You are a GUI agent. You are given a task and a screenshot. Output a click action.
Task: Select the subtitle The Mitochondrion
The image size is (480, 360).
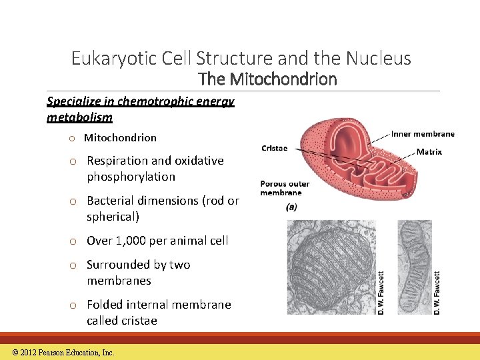click(x=268, y=79)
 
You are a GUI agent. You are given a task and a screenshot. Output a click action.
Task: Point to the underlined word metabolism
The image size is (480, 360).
click(x=79, y=117)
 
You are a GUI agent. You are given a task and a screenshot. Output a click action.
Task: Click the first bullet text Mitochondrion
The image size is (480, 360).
click(x=120, y=138)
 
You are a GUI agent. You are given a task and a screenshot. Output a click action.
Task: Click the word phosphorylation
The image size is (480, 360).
click(x=131, y=177)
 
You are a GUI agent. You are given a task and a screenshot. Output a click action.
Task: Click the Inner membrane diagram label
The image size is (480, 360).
click(x=423, y=134)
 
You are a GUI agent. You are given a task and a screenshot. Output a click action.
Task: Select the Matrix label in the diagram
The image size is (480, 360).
click(x=429, y=152)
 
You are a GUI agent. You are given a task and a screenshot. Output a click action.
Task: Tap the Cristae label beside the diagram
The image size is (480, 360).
click(x=274, y=148)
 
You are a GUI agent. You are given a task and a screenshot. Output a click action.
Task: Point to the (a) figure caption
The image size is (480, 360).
click(x=291, y=207)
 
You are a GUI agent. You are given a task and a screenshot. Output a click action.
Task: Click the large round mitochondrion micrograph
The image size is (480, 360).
click(x=332, y=267)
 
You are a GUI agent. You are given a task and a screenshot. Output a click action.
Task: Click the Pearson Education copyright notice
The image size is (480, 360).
click(x=63, y=353)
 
